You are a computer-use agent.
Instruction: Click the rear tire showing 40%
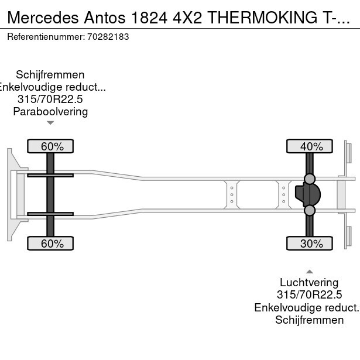pos(310,146)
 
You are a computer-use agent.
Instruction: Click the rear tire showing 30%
pos(310,244)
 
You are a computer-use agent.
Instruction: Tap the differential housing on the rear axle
pos(308,194)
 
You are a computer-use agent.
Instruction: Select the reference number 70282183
pos(108,37)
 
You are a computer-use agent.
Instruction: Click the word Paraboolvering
pos(50,112)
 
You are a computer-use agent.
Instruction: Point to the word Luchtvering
pos(309,282)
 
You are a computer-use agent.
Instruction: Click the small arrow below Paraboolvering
pos(50,123)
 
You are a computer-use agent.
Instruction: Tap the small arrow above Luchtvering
pos(310,272)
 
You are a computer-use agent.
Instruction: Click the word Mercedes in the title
pos(43,18)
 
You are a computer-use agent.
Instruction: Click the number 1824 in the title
pos(149,18)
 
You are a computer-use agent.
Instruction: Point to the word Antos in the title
pos(105,18)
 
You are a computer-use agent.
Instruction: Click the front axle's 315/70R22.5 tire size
pos(50,99)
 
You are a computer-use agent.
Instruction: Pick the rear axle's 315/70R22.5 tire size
pos(309,294)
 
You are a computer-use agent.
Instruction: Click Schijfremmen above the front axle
pos(50,75)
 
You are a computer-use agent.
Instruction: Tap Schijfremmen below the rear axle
pos(309,320)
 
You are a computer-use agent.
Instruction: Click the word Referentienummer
pos(46,37)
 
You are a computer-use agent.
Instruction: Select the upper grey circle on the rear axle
pos(310,179)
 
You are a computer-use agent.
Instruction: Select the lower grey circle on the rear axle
pos(310,210)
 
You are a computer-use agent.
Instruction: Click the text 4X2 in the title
pos(187,18)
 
